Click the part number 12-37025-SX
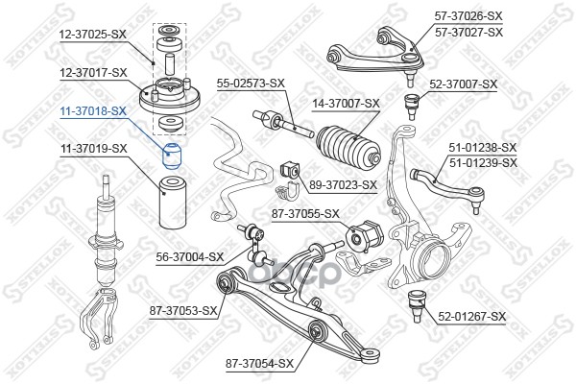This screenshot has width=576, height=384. [x=93, y=35]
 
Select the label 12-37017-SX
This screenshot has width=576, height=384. [x=93, y=72]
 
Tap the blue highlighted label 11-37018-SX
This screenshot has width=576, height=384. [x=93, y=110]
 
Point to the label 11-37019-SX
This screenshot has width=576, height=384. [x=93, y=149]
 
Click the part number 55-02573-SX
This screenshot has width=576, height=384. [x=251, y=84]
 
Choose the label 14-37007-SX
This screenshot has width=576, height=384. [x=346, y=104]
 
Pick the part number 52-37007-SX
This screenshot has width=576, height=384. [x=464, y=84]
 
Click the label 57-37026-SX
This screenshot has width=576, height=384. [x=468, y=15]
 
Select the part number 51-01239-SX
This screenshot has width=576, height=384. [x=483, y=162]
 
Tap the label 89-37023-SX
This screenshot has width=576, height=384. [x=343, y=184]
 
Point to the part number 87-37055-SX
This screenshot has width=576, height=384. [x=305, y=213]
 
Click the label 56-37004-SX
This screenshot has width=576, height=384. [x=190, y=257]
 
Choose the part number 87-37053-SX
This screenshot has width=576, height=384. [x=183, y=311]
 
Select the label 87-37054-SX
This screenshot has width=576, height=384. [x=260, y=364]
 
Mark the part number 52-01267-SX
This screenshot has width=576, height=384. [x=472, y=317]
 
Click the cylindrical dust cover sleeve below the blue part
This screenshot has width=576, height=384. [x=172, y=203]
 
